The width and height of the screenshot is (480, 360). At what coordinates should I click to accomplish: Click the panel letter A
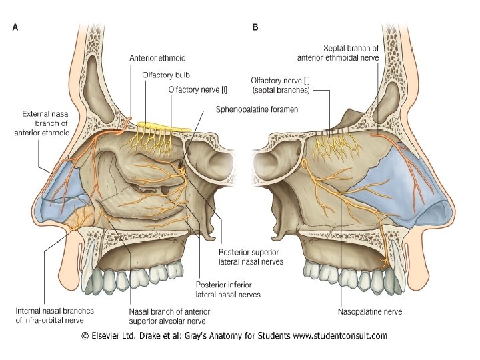point(15,27)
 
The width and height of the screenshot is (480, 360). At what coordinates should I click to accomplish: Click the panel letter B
point(255,27)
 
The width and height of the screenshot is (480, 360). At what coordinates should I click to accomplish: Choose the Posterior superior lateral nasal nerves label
point(251,257)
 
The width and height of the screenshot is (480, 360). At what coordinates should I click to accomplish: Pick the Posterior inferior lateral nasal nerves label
point(228,289)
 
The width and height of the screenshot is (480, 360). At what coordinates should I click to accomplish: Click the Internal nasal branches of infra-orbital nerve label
point(54,316)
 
